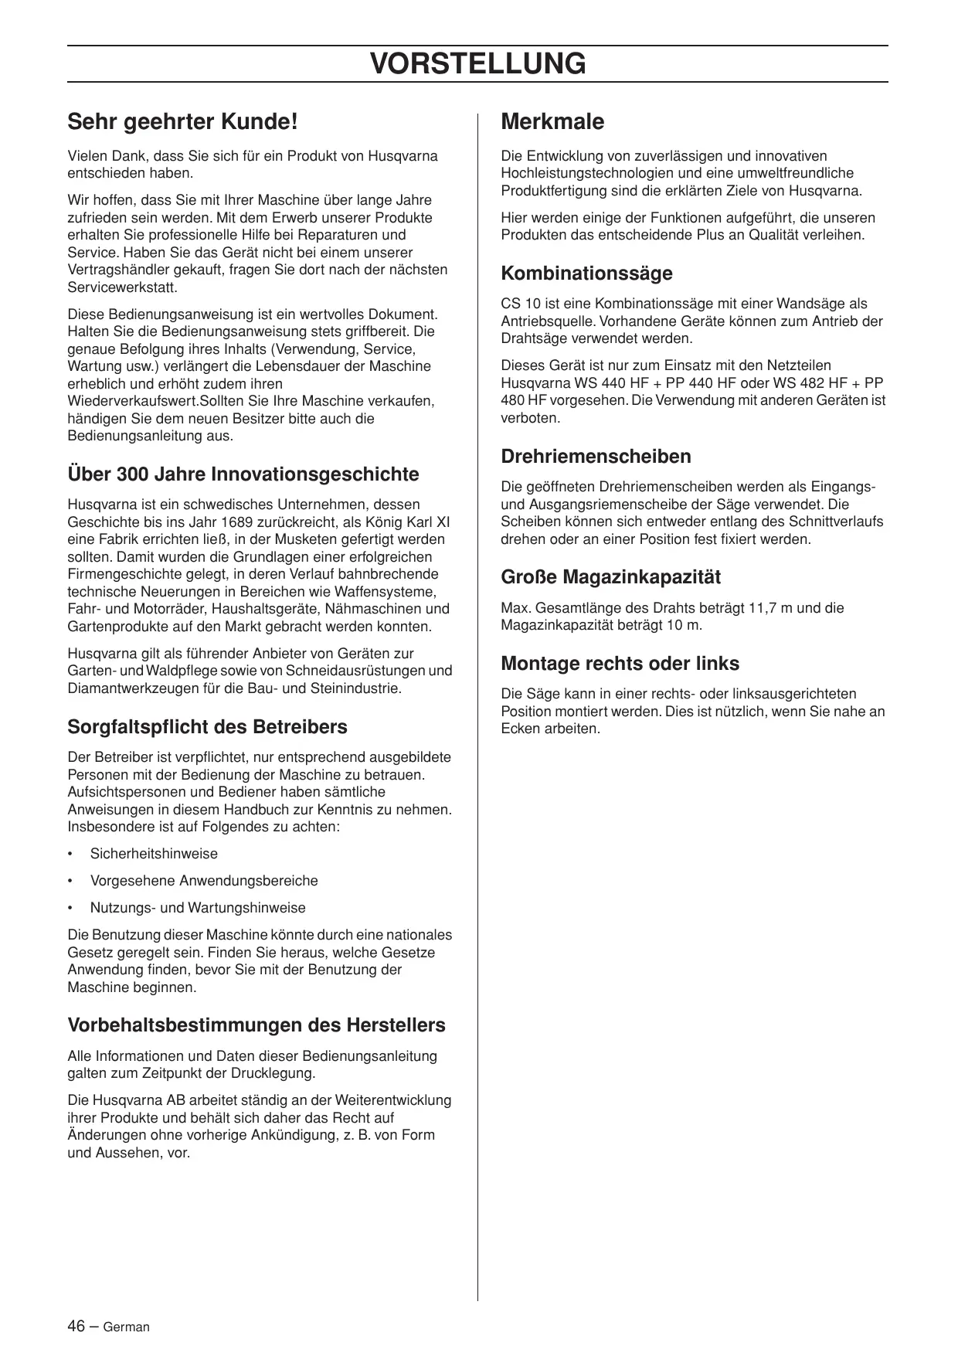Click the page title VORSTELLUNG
pyautogui.click(x=477, y=63)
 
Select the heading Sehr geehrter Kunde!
pyautogui.click(x=182, y=121)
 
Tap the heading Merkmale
pyautogui.click(x=552, y=121)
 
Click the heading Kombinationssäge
pyautogui.click(x=586, y=273)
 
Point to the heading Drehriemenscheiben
pyautogui.click(x=596, y=456)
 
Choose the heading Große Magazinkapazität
pyautogui.click(x=610, y=576)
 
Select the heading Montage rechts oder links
pyautogui.click(x=620, y=663)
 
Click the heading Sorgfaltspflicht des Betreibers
pyautogui.click(x=207, y=726)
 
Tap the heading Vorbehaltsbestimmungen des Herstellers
pyautogui.click(x=256, y=1025)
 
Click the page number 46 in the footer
pyautogui.click(x=76, y=1326)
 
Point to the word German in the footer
pyautogui.click(x=126, y=1327)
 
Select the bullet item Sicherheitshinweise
pyautogui.click(x=154, y=854)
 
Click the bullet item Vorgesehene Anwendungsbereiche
pyautogui.click(x=204, y=881)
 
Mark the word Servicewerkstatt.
pyautogui.click(x=122, y=287)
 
